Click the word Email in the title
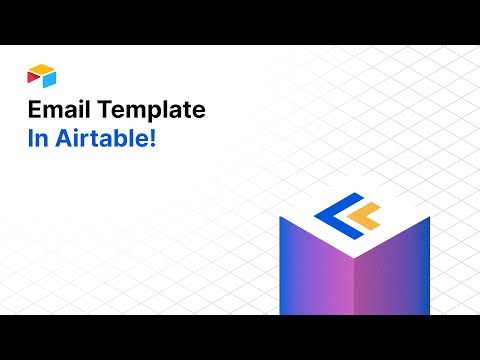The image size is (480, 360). [x=55, y=109]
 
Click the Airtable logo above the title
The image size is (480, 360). [x=42, y=75]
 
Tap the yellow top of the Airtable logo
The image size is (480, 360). [x=41, y=69]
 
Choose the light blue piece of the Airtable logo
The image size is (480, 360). [x=48, y=79]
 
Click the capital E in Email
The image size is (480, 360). [x=33, y=109]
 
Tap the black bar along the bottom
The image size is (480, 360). [x=240, y=337]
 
